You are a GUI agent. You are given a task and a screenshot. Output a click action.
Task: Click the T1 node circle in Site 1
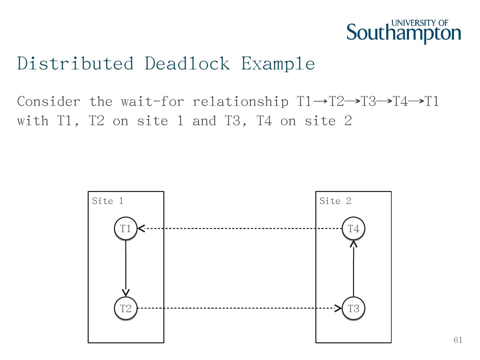[126, 229]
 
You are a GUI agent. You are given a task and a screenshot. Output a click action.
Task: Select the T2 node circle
[126, 308]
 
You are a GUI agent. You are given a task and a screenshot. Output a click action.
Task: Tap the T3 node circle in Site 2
[353, 308]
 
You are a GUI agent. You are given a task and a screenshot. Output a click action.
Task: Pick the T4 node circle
[353, 229]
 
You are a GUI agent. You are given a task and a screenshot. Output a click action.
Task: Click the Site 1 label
[107, 201]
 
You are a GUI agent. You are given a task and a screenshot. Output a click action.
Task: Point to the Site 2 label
[335, 201]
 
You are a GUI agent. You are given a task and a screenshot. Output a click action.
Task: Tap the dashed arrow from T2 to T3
[239, 308]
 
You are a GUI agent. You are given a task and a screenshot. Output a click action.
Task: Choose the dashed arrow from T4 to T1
[239, 229]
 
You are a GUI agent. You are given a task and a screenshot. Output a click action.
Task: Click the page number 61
[458, 340]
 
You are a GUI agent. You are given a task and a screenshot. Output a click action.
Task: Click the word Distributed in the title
[75, 63]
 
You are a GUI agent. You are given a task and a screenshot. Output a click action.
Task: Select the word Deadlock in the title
[187, 63]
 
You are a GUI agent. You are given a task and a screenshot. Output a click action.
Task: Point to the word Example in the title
[278, 63]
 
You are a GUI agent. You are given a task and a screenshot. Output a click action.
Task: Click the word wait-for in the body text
[152, 101]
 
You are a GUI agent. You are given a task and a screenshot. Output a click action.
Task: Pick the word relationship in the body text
[240, 101]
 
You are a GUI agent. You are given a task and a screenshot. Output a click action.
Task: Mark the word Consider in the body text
[49, 101]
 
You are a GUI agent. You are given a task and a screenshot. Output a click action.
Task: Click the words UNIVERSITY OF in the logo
[420, 23]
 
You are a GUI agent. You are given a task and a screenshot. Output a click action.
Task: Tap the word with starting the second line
[33, 121]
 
